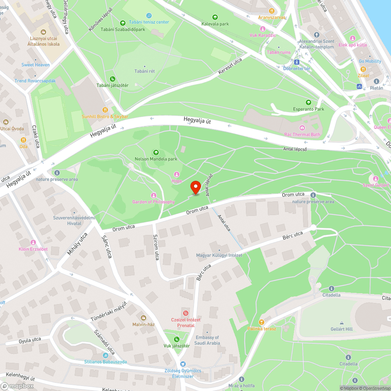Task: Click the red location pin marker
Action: (x=195, y=187)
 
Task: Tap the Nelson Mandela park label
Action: (x=156, y=159)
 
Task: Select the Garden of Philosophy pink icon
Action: (x=153, y=195)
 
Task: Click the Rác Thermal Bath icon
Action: (x=302, y=128)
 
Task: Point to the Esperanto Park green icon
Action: (x=308, y=102)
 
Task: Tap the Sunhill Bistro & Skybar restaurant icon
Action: (x=105, y=110)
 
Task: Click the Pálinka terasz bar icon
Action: (x=262, y=322)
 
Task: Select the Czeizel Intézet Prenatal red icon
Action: (x=186, y=313)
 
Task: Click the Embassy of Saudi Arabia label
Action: (x=207, y=340)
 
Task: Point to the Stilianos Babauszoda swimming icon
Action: (x=106, y=355)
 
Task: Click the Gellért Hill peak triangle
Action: (x=341, y=323)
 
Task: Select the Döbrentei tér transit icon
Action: (x=296, y=62)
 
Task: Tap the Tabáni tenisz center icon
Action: (x=149, y=16)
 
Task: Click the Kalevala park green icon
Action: (x=215, y=17)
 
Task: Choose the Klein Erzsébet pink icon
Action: (x=33, y=242)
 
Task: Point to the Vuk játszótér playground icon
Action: (x=177, y=339)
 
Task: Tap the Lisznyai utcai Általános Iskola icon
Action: (x=43, y=31)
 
